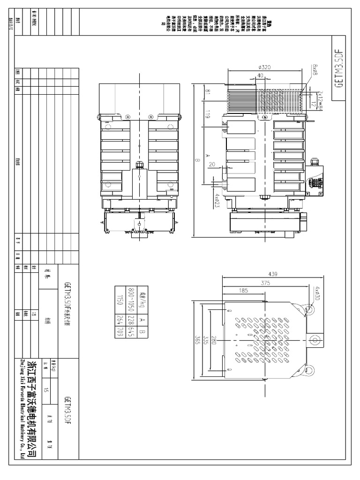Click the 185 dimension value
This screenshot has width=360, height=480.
click(x=243, y=291)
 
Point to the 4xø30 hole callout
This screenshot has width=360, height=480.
click(x=318, y=294)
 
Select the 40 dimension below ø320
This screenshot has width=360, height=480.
click(x=261, y=75)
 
